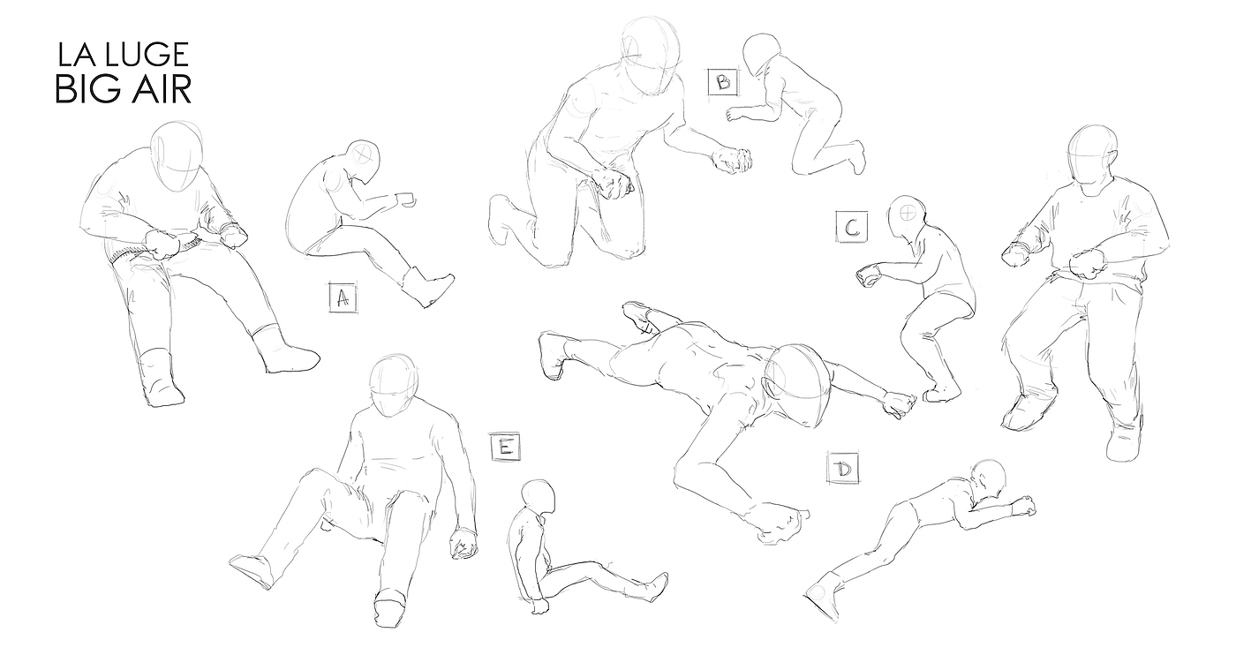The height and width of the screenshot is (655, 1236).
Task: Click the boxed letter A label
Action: click(343, 298)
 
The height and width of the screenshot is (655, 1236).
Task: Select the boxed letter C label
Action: click(852, 227)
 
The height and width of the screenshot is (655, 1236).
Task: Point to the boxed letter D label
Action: click(842, 468)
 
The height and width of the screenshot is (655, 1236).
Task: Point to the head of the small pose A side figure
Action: click(364, 161)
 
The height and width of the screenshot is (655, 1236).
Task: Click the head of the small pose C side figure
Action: click(908, 217)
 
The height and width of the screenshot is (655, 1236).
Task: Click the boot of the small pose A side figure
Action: click(426, 286)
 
